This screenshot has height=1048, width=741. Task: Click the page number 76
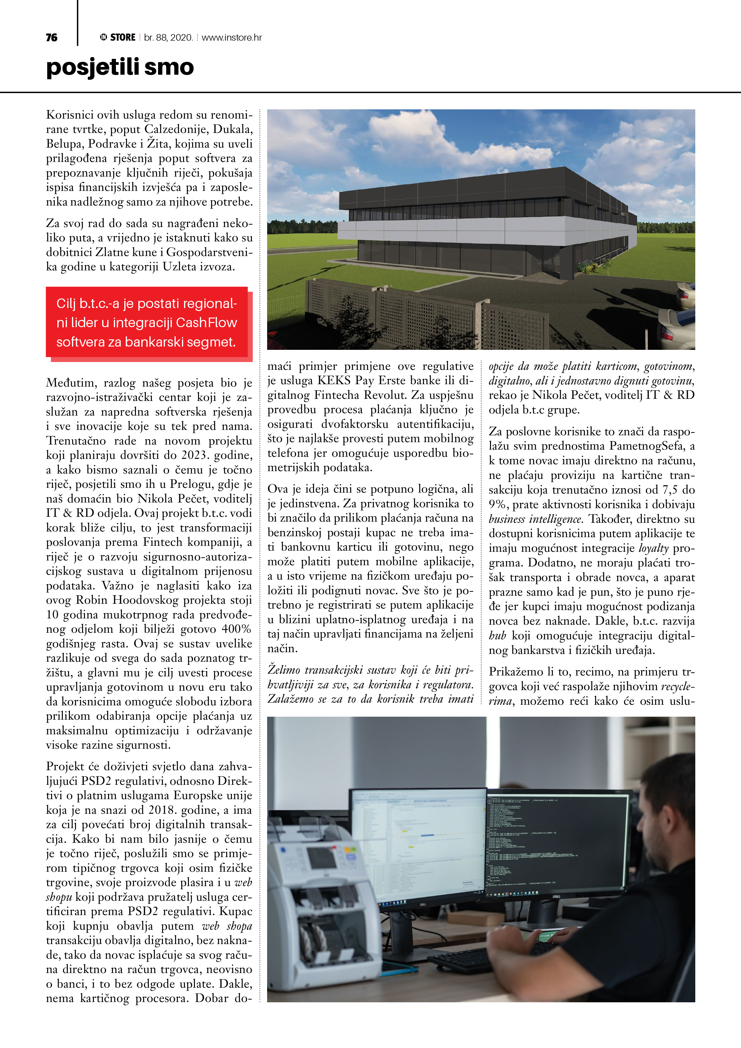pos(52,37)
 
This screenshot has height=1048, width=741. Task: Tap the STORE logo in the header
pos(118,37)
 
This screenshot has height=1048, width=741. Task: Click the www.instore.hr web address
pos(232,37)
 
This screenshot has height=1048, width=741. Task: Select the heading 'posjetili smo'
pos(120,67)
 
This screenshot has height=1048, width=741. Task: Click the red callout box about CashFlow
pos(147,323)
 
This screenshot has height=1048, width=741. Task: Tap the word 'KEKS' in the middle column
pos(334,381)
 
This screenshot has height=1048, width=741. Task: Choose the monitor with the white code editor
pos(418,845)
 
